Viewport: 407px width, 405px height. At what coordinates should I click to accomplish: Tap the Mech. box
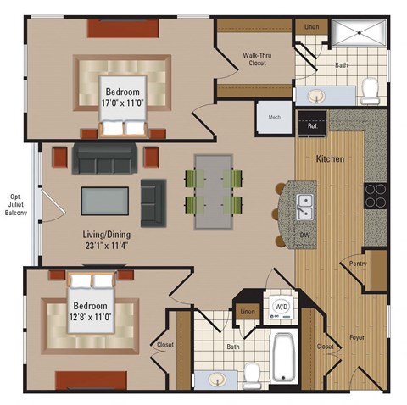275,118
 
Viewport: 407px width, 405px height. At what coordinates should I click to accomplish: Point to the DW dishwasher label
304,232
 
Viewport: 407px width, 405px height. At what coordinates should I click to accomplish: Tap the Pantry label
359,264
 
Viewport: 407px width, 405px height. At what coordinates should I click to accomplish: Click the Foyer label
358,337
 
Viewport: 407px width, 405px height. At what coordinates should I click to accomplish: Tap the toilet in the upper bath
370,87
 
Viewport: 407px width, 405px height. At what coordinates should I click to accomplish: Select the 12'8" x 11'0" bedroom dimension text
90,317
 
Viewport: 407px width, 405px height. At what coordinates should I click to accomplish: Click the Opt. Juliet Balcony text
15,202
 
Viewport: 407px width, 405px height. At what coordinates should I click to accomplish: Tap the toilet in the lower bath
252,372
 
